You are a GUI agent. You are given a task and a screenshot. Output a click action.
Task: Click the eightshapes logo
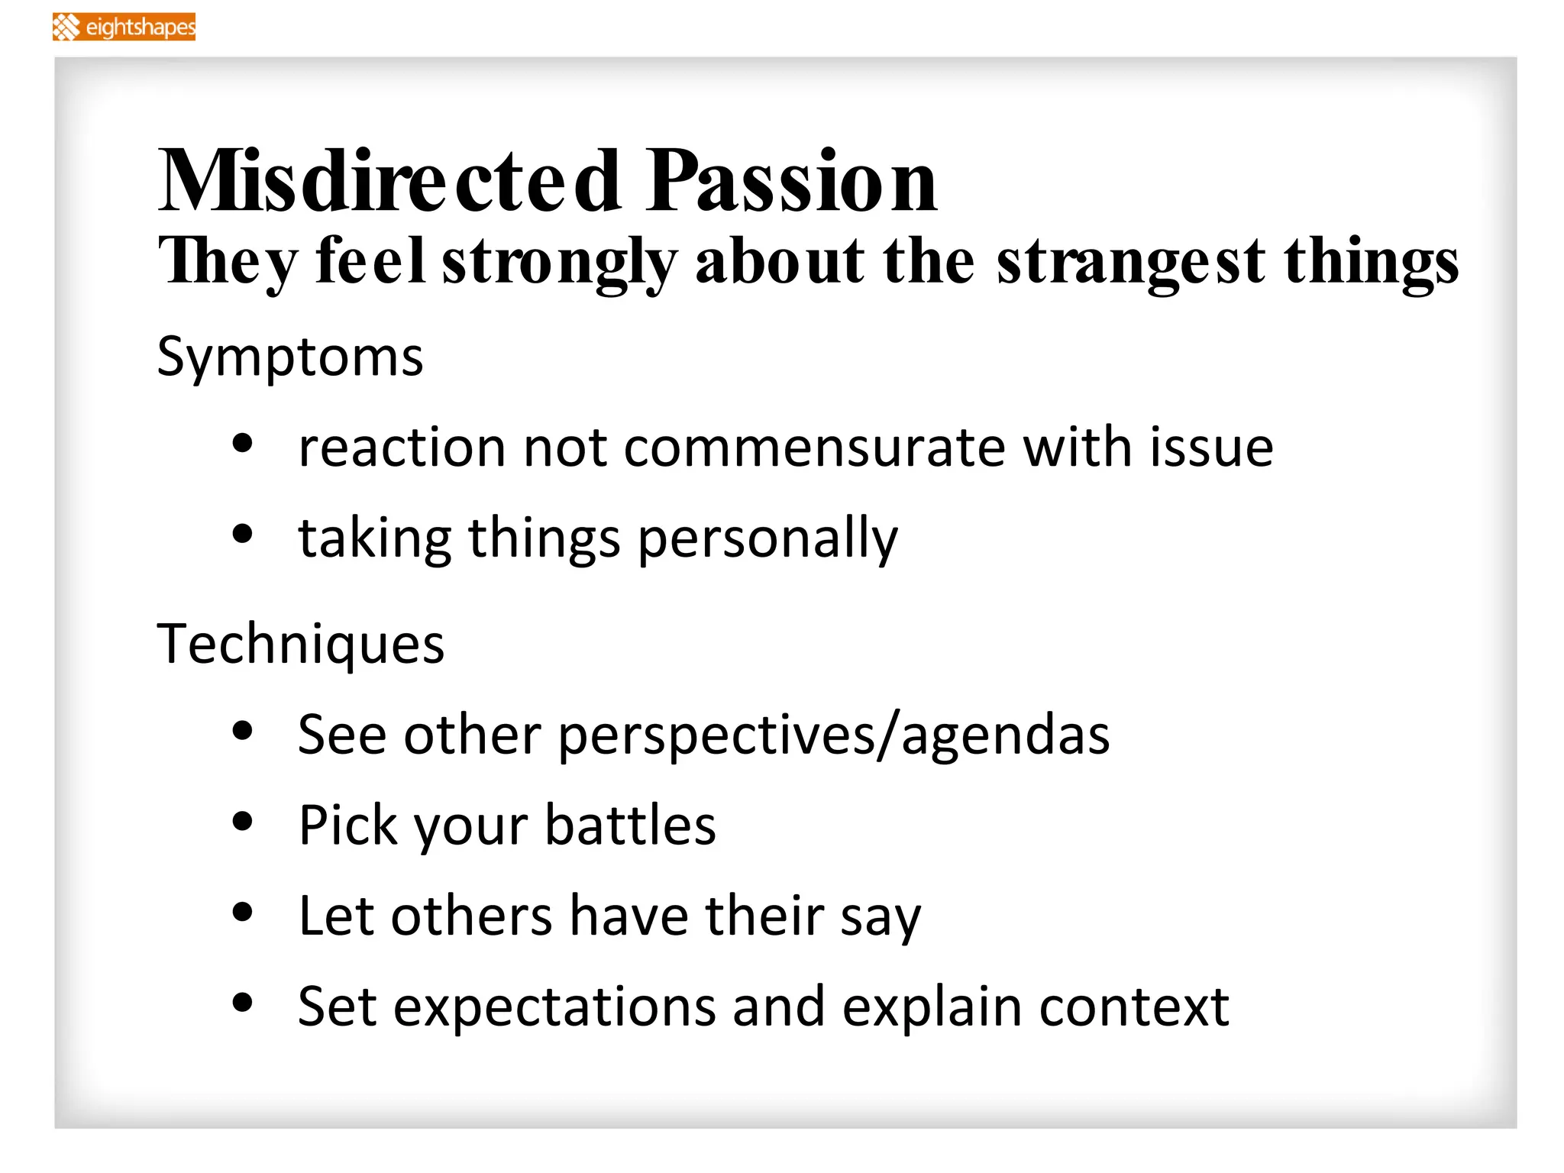pyautogui.click(x=124, y=27)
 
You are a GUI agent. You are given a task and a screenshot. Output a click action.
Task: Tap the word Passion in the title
pyautogui.click(x=791, y=182)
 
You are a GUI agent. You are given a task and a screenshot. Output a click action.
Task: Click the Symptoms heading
pyautogui.click(x=289, y=357)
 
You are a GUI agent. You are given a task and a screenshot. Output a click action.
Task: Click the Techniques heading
pyautogui.click(x=300, y=645)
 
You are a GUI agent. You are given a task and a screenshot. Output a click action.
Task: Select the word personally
pyautogui.click(x=767, y=539)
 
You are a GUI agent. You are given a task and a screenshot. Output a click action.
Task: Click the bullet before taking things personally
pyautogui.click(x=242, y=535)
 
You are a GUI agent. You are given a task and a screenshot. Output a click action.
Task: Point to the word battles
pyautogui.click(x=630, y=826)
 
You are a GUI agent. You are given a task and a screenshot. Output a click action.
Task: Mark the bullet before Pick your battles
pyautogui.click(x=242, y=822)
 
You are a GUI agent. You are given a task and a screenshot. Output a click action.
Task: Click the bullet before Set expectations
pyautogui.click(x=242, y=1002)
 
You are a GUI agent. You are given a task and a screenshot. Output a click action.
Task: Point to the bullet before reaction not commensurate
pyautogui.click(x=242, y=444)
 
